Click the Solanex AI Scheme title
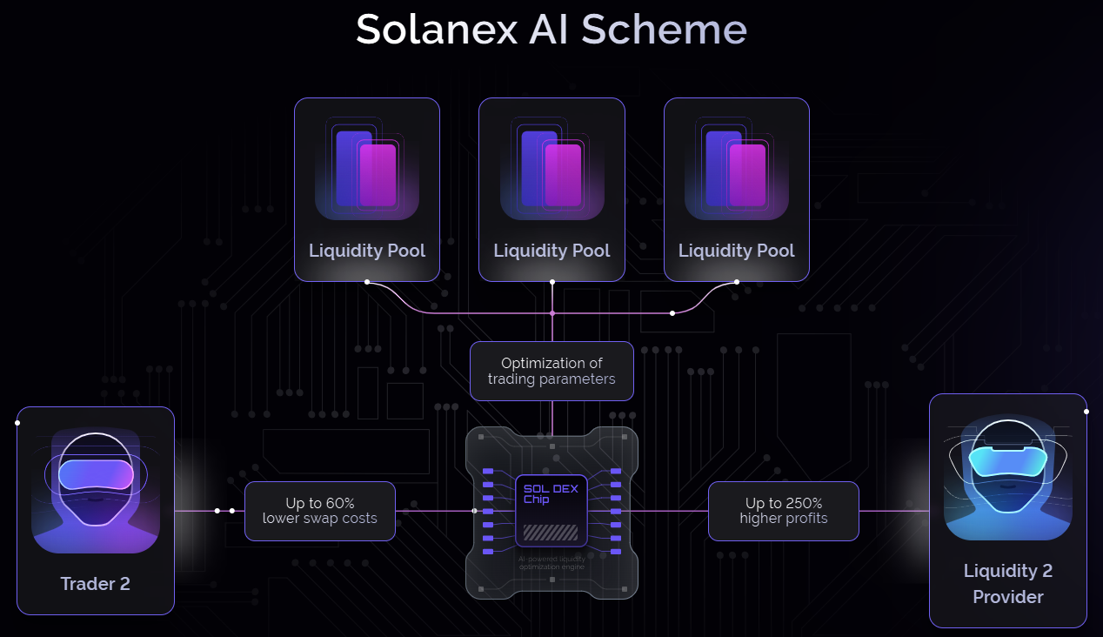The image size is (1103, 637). [551, 30]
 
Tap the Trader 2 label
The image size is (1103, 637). [95, 584]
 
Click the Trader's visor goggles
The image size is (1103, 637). [96, 474]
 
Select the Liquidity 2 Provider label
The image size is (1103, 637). [1007, 583]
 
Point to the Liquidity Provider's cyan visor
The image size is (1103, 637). [1007, 460]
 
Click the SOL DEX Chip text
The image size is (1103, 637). [550, 493]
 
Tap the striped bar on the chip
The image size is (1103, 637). [550, 532]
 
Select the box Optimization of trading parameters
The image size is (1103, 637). [551, 371]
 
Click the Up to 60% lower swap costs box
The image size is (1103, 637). [319, 511]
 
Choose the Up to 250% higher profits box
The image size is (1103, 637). [783, 511]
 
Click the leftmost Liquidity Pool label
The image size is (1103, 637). [367, 251]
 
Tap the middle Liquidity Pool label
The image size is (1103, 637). [551, 251]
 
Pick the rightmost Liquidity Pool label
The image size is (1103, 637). [736, 251]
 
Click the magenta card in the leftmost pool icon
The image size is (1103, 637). [379, 175]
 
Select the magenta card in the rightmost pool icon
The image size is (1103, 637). [748, 175]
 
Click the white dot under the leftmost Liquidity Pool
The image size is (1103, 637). [367, 282]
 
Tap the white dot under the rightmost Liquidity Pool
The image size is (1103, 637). [737, 282]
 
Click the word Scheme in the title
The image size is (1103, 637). [664, 30]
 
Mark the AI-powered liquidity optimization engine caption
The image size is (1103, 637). [551, 562]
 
